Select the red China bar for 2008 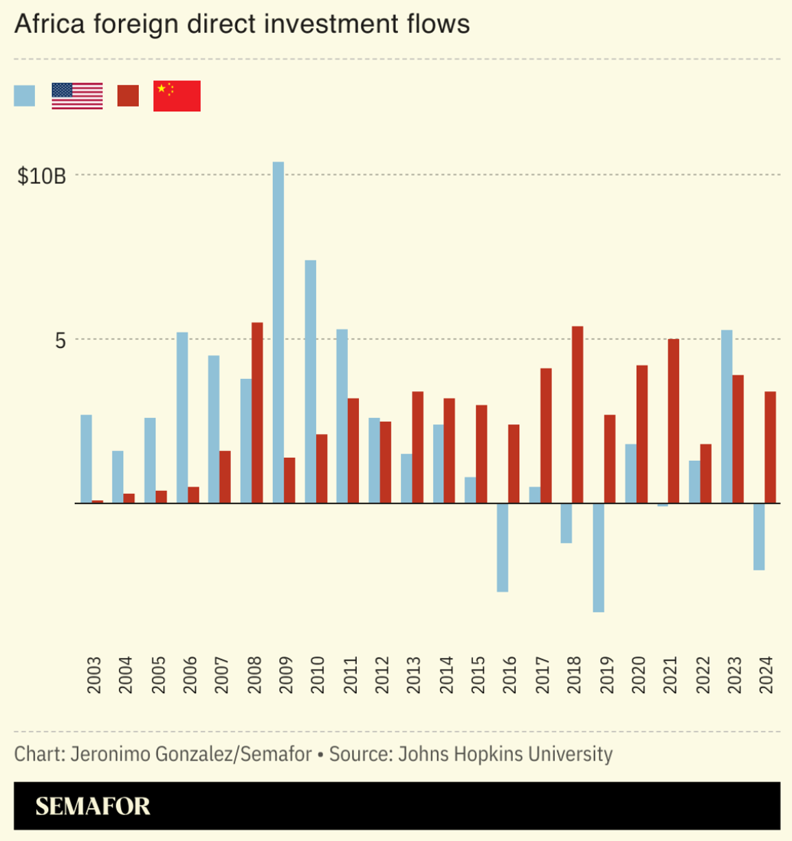click(x=257, y=413)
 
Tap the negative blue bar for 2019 click(x=598, y=558)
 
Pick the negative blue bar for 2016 click(x=503, y=547)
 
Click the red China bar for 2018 click(x=577, y=415)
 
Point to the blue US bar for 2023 click(x=727, y=417)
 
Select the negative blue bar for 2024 click(x=759, y=536)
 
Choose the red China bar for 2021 click(x=674, y=421)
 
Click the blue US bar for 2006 click(x=182, y=417)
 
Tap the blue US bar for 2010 click(x=310, y=382)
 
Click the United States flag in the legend click(x=77, y=96)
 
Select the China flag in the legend click(x=177, y=96)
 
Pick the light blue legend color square click(x=25, y=96)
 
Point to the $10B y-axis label click(x=42, y=176)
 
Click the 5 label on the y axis click(x=60, y=340)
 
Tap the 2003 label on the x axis click(x=94, y=675)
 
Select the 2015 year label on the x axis click(x=478, y=675)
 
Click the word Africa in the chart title click(x=49, y=24)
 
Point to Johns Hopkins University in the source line click(x=505, y=754)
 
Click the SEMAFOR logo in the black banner click(x=93, y=806)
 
